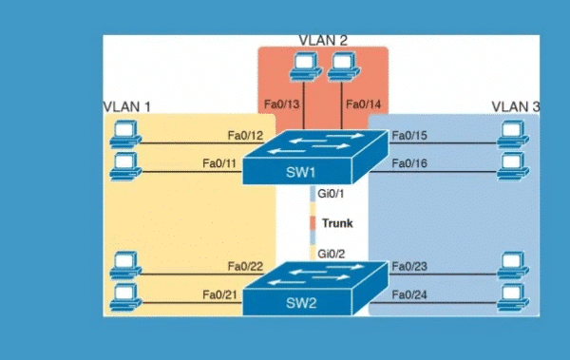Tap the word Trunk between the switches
337,224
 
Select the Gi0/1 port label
331,195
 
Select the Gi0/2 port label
331,254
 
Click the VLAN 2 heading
323,40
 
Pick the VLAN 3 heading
515,105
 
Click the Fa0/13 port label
283,104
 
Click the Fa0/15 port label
409,136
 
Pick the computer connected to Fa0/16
513,168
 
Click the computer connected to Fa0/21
122,298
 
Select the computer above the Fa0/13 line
304,66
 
